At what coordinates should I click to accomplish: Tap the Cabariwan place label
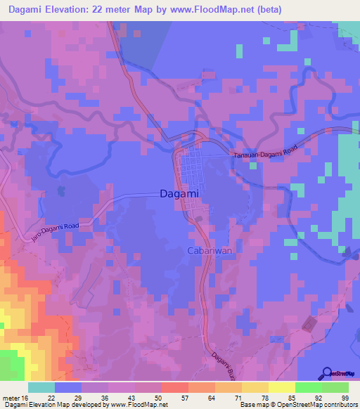click(206, 251)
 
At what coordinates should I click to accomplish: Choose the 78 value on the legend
click(264, 398)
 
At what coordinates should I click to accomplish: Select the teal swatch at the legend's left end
click(41, 387)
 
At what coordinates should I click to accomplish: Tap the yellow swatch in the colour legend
click(281, 387)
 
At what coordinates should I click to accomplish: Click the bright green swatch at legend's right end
click(335, 387)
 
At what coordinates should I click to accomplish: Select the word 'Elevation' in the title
click(78, 11)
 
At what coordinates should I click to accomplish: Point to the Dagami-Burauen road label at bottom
click(220, 361)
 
